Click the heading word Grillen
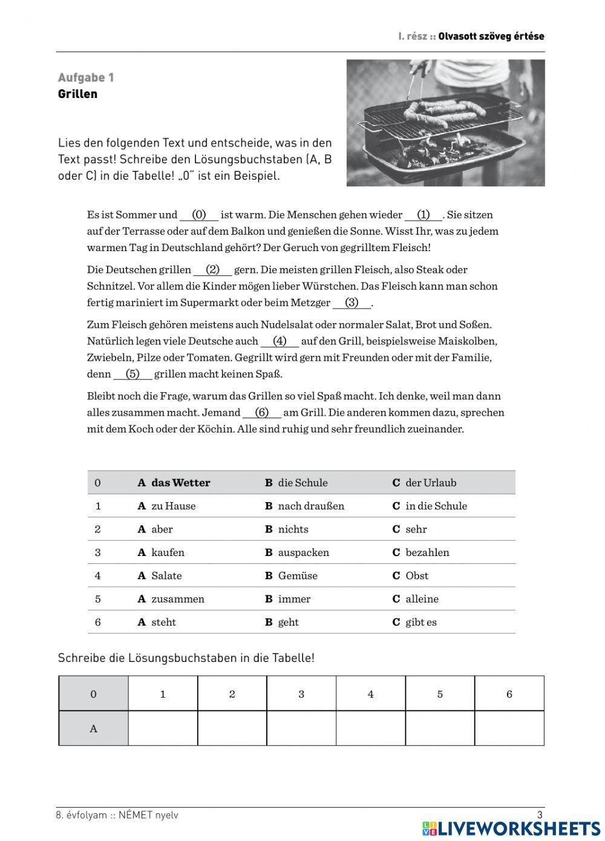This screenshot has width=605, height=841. pos(77,94)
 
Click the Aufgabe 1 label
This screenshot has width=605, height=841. pos(86,77)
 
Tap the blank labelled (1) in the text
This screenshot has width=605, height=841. pos(423,215)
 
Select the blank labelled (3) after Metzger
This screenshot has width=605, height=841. pos(352,303)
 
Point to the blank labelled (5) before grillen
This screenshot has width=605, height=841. pos(132,374)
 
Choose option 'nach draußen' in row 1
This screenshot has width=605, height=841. pos(310,506)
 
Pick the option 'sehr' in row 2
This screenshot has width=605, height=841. pos(416,529)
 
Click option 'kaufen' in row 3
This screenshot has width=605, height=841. pos(168,552)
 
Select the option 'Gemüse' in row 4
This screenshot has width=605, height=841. pos(297,576)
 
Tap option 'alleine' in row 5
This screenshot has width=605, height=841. pos(422,599)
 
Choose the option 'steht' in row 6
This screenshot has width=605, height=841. pos(163,622)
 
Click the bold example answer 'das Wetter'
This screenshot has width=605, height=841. pos(180,483)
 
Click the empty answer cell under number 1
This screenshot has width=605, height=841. pos(163,728)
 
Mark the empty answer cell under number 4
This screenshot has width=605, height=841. pos(370,728)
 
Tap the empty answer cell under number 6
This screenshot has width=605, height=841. pos(509,728)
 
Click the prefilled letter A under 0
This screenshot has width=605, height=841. pos(93,728)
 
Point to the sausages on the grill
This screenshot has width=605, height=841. pos(445,110)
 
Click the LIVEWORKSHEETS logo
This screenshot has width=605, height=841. pos(511,828)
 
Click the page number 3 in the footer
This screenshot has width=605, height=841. pos(540,815)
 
